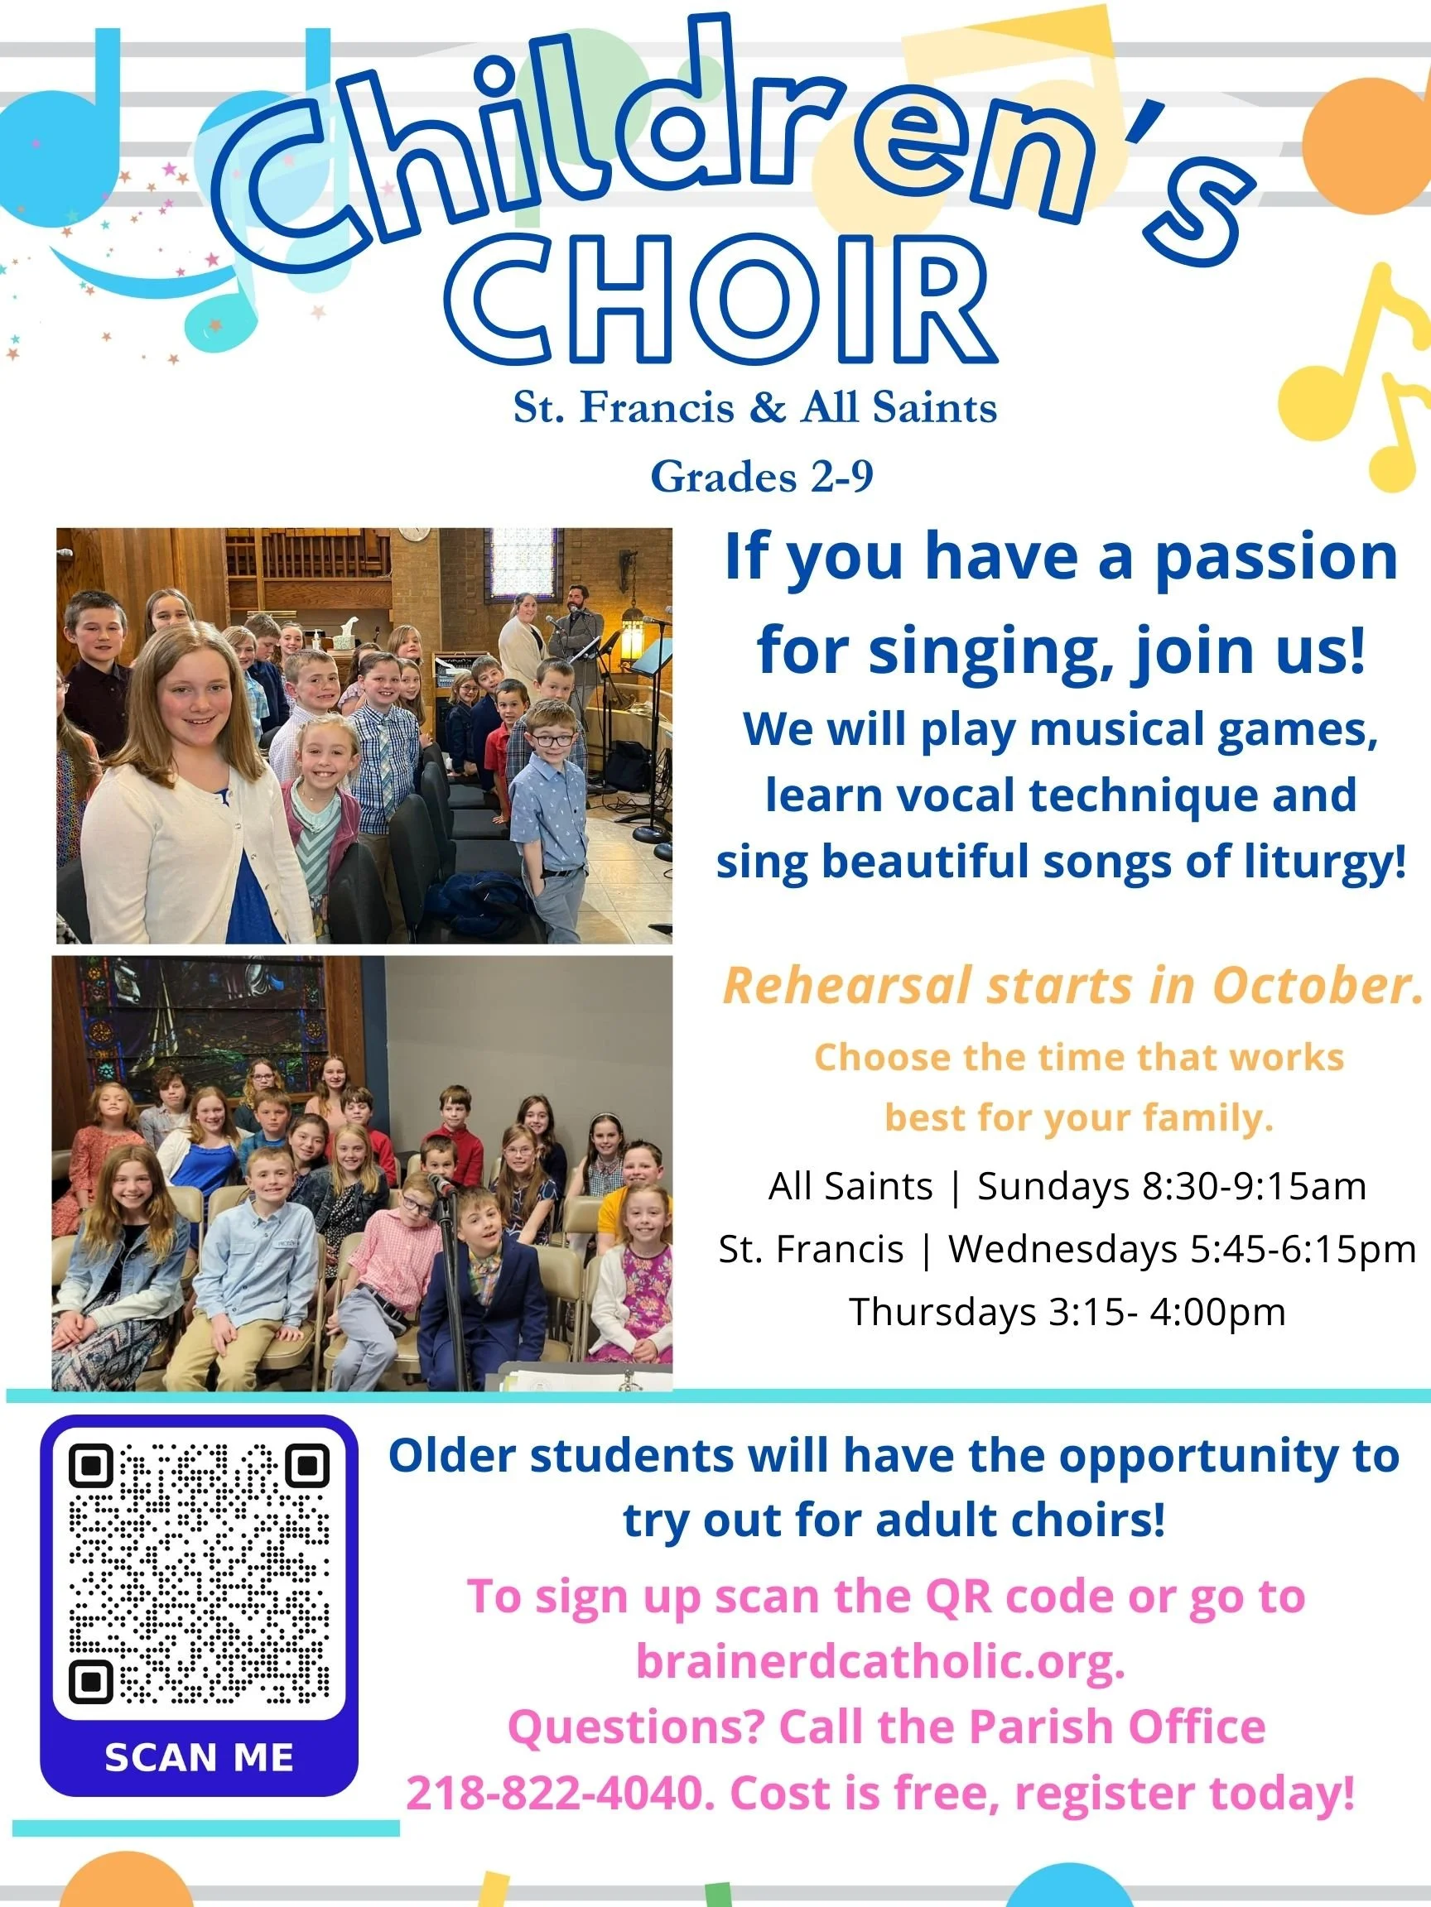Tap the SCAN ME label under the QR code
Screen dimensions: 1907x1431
(x=199, y=1758)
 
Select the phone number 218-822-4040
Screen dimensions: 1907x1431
(x=560, y=1794)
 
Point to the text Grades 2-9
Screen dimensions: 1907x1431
(x=762, y=477)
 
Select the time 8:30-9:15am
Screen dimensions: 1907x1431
(x=1254, y=1186)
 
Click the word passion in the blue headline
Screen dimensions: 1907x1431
(x=1276, y=558)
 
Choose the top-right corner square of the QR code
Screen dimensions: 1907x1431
(x=307, y=1467)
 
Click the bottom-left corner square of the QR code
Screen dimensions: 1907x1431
(x=91, y=1681)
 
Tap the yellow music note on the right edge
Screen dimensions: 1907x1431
(x=1359, y=379)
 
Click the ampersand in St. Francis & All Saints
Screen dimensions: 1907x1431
(x=767, y=407)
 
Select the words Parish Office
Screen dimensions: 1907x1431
(x=1117, y=1727)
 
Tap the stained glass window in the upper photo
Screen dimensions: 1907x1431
(x=520, y=560)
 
